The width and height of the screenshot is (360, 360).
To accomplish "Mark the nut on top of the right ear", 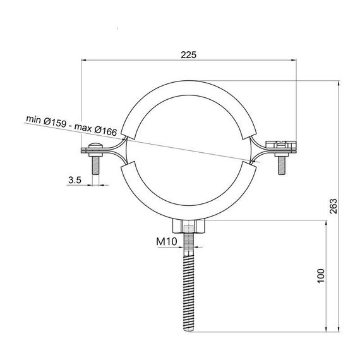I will coord(280,144).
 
